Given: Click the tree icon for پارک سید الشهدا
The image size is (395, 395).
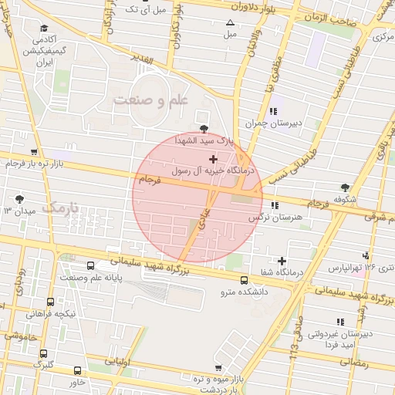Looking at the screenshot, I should pos(204,129).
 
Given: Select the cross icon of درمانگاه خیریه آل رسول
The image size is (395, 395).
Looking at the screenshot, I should pos(214,158).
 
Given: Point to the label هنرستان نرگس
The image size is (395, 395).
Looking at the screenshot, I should pos(272,218).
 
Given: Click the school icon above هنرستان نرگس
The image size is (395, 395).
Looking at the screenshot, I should pos(275,204).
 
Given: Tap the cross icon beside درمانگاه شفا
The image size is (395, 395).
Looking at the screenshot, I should pos(282,262).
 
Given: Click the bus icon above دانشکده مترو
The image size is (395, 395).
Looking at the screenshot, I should pos(245,280).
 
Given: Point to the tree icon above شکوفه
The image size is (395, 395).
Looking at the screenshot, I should pos(344,187).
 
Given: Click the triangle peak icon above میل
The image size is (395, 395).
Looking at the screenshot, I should pos(230,22).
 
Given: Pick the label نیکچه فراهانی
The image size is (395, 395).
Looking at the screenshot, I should pos(50,314).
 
